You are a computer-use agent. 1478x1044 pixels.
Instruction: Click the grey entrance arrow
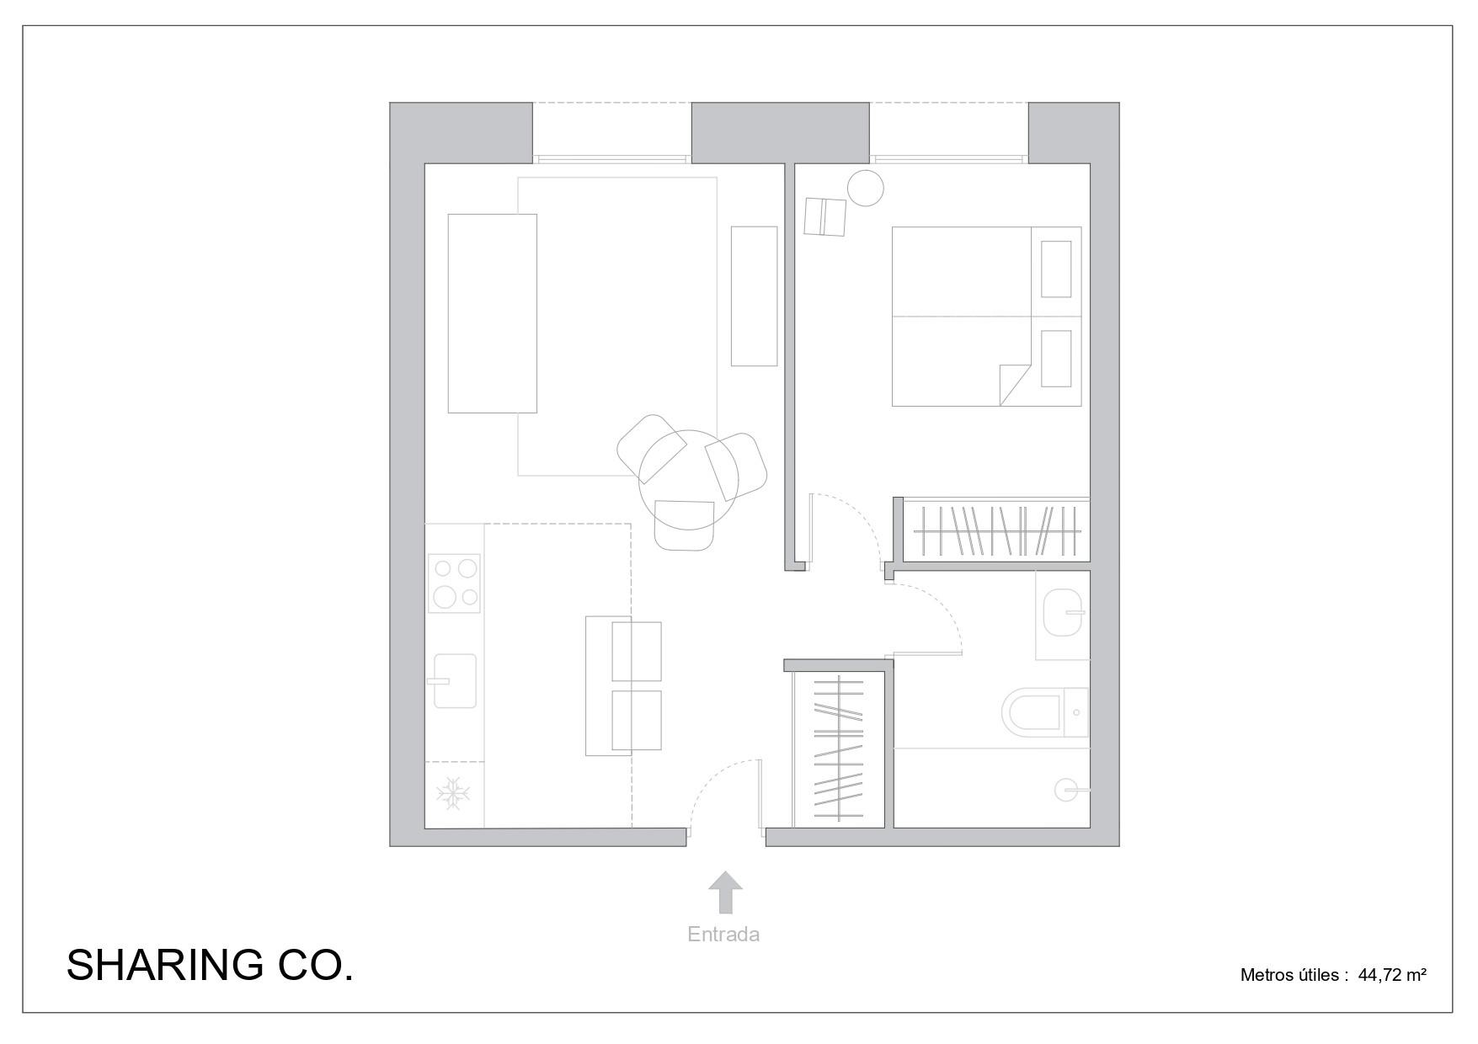tap(725, 892)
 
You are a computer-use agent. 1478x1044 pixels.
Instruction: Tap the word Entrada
tap(723, 934)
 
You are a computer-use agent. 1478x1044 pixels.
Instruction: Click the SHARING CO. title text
tap(210, 965)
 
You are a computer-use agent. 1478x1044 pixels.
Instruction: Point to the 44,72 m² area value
tap(1392, 975)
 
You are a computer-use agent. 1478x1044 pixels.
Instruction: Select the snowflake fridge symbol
tap(452, 795)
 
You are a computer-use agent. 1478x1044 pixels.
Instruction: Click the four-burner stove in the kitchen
tap(454, 583)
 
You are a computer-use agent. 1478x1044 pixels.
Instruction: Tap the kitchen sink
tap(455, 680)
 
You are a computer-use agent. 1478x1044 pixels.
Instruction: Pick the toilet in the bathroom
tap(1044, 712)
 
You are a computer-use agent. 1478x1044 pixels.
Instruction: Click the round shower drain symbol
tap(1067, 790)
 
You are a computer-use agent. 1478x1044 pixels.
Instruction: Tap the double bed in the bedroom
tap(986, 317)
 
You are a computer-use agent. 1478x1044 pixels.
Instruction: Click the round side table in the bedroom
tap(866, 188)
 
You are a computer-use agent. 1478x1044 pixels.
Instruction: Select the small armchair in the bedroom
tap(824, 217)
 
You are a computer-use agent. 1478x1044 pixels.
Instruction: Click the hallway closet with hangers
tap(838, 750)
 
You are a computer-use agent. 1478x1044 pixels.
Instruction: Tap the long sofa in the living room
tap(492, 313)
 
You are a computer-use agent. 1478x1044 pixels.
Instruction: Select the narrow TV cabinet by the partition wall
tap(754, 296)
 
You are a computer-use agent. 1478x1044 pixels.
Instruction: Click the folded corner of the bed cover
tap(1014, 384)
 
